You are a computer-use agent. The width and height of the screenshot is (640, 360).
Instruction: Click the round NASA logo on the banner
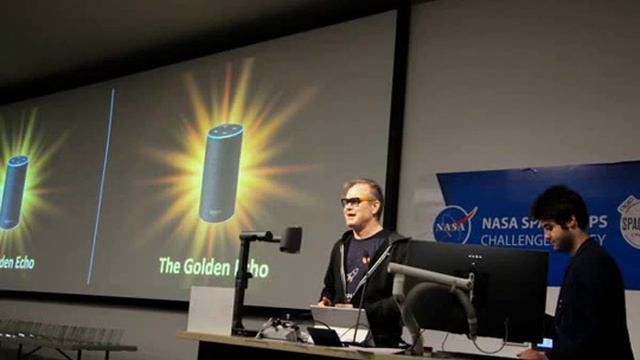[x=454, y=225]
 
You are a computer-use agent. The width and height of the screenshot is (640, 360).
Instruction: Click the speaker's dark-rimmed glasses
[x=356, y=202]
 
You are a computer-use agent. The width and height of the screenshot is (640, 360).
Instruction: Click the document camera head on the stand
[x=290, y=238]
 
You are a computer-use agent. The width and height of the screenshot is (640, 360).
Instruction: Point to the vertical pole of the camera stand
[x=241, y=285]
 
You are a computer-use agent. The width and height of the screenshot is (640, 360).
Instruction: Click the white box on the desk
[x=210, y=310]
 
